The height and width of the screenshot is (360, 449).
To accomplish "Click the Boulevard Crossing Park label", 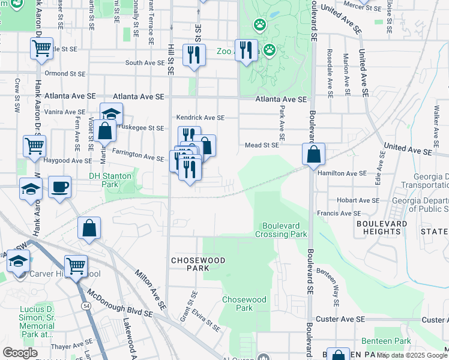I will click(284, 230).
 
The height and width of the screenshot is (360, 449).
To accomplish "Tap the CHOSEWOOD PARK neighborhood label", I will click(190, 264).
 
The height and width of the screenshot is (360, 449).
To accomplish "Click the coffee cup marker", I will click(59, 187).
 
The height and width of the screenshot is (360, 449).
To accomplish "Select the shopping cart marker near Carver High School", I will click(76, 266).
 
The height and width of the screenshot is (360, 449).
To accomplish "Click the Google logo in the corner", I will click(20, 352).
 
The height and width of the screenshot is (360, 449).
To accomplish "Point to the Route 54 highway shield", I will click(86, 306).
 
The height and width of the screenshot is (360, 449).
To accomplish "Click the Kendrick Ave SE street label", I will click(200, 118).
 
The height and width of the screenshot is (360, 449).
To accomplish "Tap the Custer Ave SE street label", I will click(341, 319).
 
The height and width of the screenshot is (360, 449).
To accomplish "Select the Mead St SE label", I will click(262, 145).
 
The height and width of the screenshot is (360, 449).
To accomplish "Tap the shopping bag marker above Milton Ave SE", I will click(89, 228).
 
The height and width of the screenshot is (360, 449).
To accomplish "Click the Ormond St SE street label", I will click(65, 74).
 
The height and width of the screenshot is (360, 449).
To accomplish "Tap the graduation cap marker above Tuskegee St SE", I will click(111, 113).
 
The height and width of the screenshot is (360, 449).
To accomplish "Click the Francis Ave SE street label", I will click(339, 213).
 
